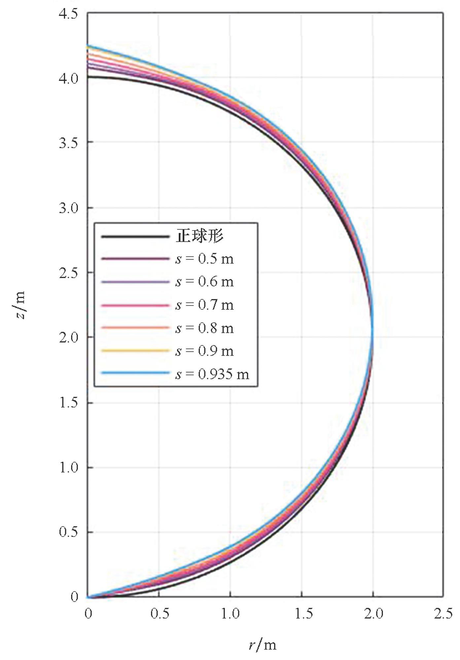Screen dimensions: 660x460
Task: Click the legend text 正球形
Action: (199, 236)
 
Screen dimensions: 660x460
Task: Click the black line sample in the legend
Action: (135, 236)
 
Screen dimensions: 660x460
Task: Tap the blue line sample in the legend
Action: (135, 373)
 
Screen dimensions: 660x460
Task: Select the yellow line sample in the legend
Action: (135, 351)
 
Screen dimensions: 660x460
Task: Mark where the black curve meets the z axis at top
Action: (88, 77)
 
